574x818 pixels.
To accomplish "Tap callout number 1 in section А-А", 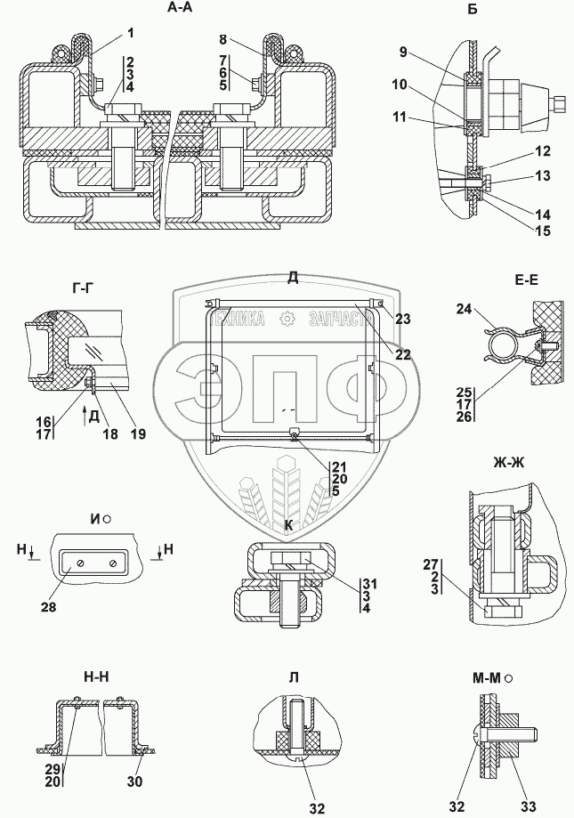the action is [130, 34].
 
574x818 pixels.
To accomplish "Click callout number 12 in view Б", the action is [542, 151].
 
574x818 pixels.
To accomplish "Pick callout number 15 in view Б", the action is [543, 230].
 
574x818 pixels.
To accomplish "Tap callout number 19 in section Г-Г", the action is [138, 433].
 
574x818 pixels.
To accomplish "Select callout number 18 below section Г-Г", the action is [110, 433].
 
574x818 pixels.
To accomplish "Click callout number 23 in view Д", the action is [402, 319].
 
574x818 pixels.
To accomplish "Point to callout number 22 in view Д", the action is [402, 355].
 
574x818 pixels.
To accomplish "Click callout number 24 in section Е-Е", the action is [464, 310].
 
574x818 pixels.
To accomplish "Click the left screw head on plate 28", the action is [81, 564].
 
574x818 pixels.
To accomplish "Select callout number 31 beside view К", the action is [369, 584].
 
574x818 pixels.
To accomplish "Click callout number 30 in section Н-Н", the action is [134, 782].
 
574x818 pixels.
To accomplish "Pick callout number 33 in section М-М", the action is [528, 807].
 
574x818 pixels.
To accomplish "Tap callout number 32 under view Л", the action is [317, 808].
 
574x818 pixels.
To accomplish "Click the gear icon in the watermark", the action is [287, 320].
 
